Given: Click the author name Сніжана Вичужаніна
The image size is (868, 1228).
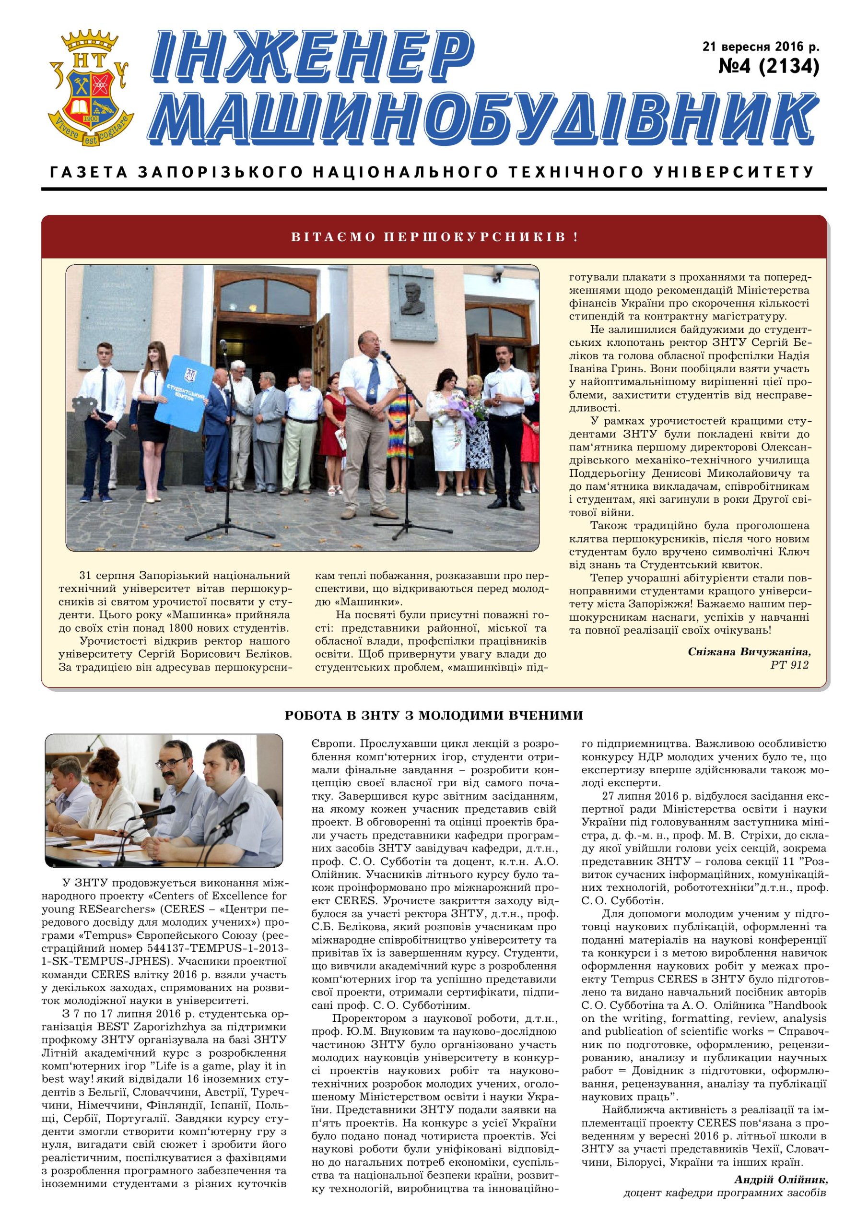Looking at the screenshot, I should [749, 652].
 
